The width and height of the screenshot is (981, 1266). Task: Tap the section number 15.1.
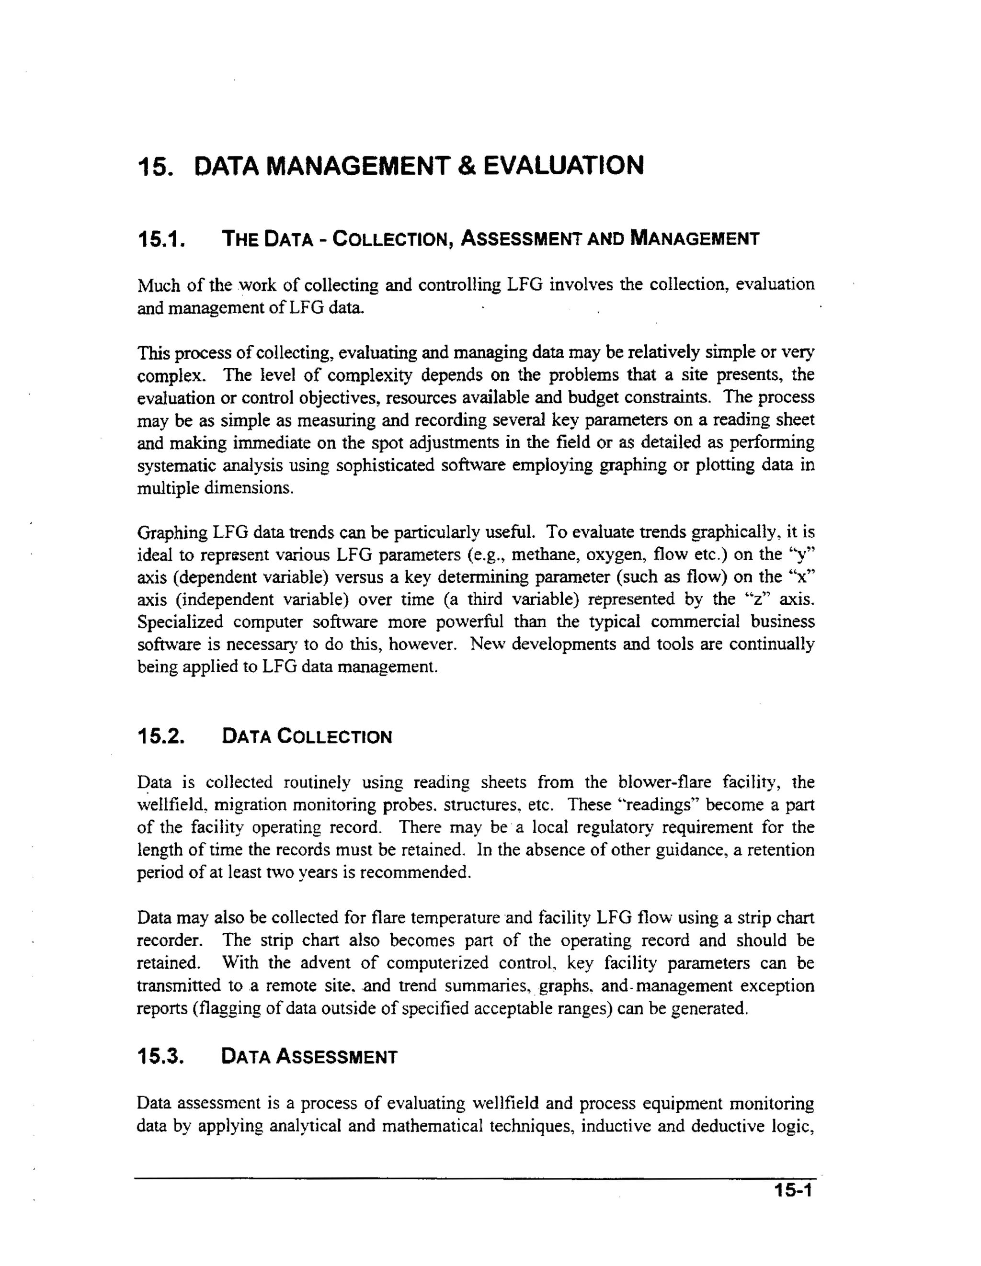click(x=160, y=239)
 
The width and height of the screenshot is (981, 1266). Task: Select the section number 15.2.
click(x=160, y=737)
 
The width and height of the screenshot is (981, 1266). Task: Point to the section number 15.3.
click(x=160, y=1057)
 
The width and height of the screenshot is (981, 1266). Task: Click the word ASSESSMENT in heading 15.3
click(x=337, y=1057)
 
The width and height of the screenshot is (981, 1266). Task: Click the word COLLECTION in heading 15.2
click(x=334, y=737)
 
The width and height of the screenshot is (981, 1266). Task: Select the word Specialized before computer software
click(x=180, y=622)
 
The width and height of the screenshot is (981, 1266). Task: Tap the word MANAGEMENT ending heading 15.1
click(x=694, y=239)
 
